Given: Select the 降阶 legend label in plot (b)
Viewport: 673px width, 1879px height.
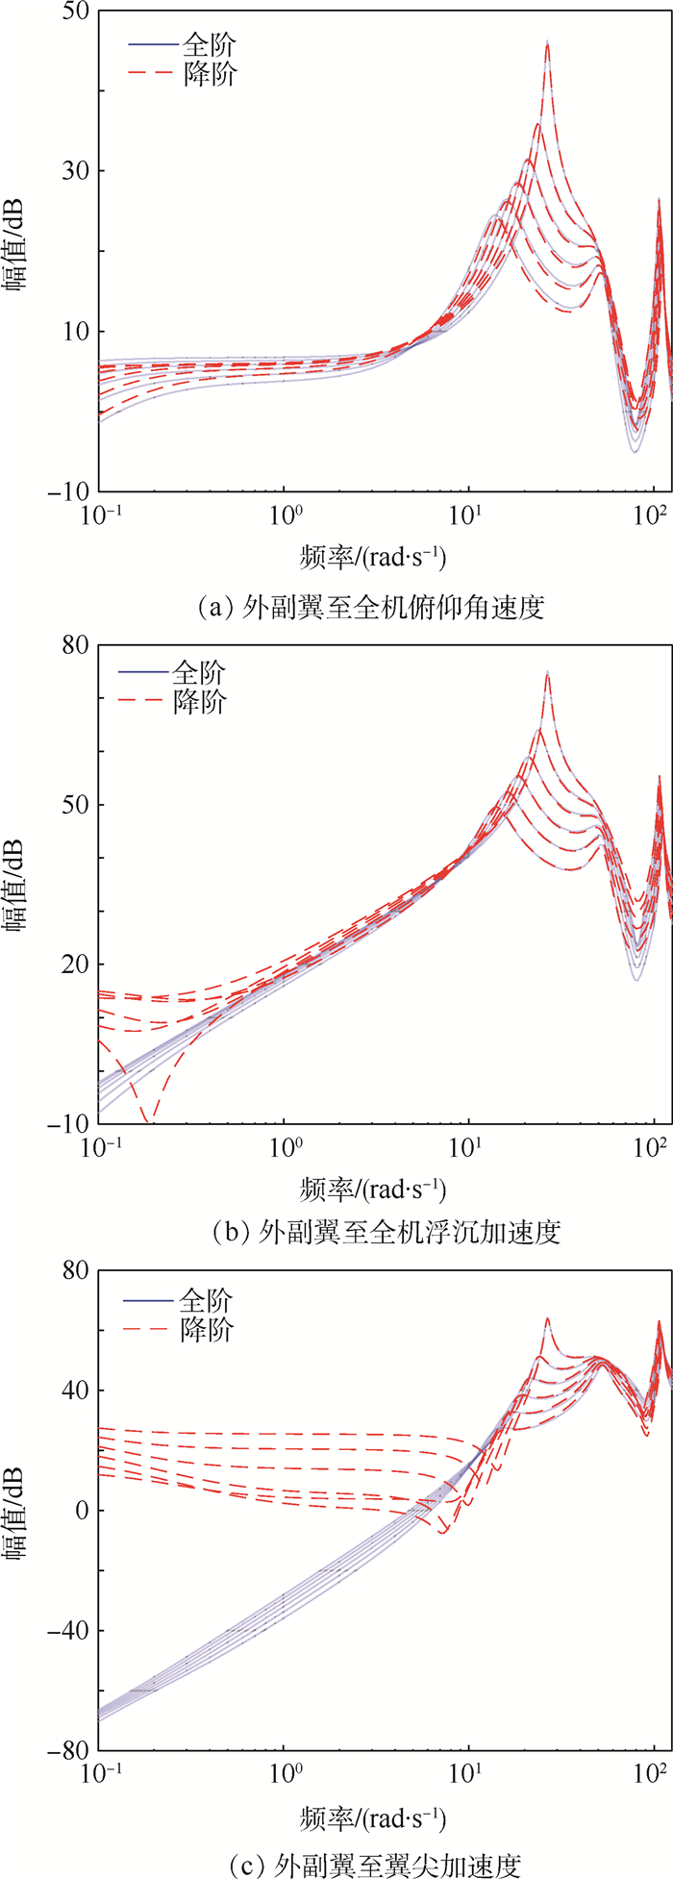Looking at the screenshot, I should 199,702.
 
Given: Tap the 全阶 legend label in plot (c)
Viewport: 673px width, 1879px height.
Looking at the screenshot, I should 206,1301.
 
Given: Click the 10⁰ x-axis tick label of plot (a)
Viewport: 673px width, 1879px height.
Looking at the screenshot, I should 284,514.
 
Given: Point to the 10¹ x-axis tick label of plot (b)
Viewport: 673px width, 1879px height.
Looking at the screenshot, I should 468,1147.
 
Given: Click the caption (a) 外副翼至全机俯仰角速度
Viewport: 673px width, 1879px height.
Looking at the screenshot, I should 371,607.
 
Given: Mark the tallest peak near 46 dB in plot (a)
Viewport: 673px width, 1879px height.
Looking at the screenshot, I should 547,41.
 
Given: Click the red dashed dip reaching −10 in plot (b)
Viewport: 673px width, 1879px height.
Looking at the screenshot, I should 147,1118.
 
